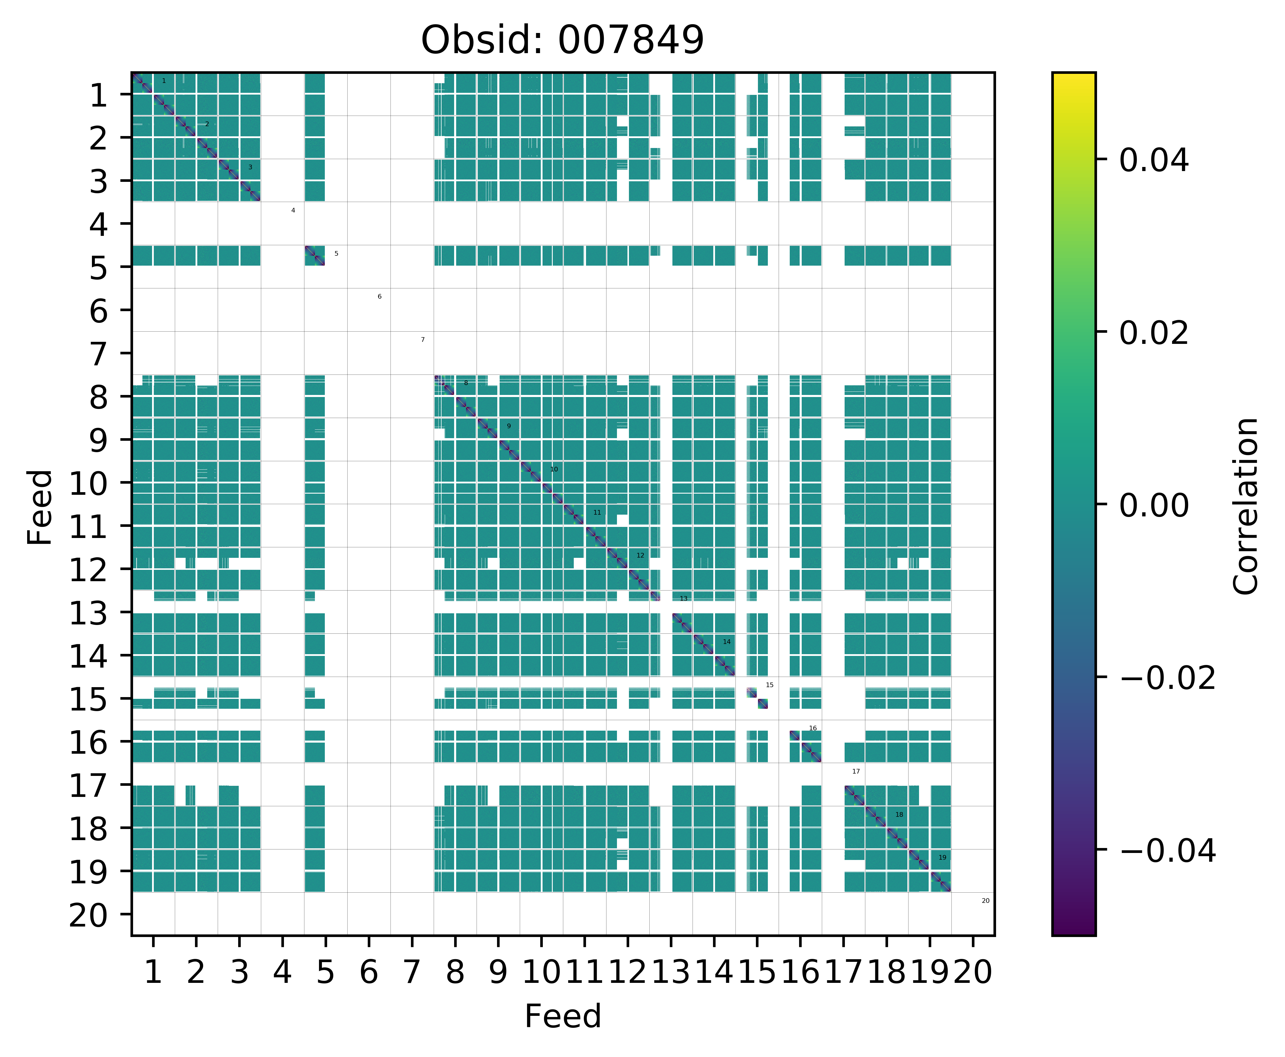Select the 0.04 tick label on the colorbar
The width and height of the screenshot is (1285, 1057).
(x=1153, y=161)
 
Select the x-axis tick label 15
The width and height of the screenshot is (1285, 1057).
(x=757, y=972)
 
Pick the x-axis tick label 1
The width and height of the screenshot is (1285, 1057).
(x=153, y=972)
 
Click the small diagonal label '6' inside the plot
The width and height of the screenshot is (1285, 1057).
(x=379, y=297)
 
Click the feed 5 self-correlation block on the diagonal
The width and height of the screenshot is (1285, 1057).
(x=315, y=256)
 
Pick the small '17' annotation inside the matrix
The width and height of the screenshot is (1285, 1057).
(x=856, y=772)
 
